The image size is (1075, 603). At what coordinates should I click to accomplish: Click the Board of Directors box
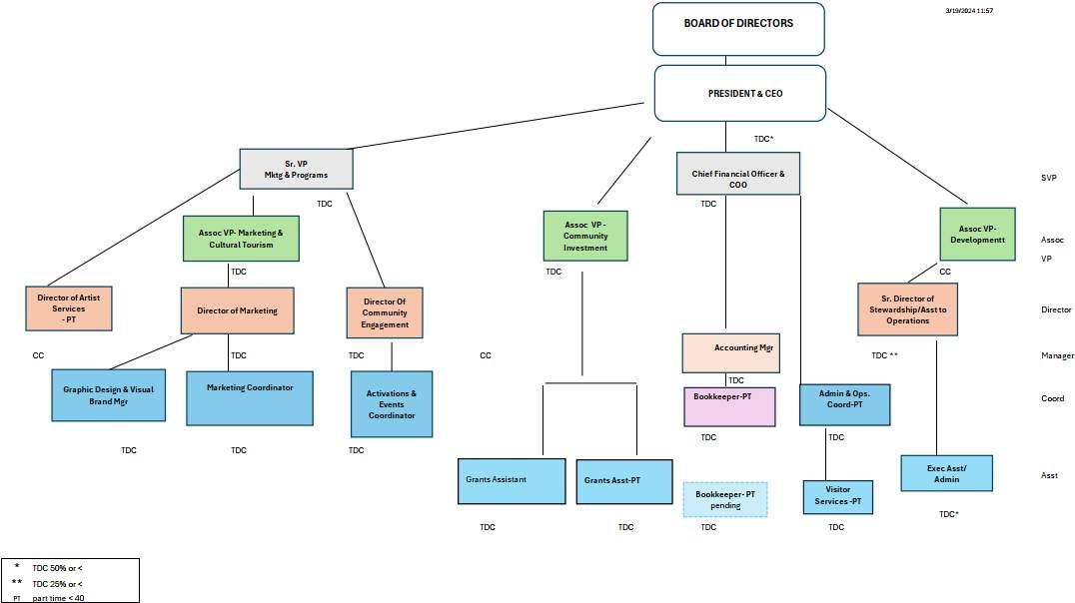pyautogui.click(x=738, y=28)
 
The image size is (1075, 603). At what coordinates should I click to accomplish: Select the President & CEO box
pyautogui.click(x=739, y=93)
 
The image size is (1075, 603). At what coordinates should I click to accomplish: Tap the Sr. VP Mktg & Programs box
pyautogui.click(x=298, y=169)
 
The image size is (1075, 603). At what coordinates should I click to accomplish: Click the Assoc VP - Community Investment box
pyautogui.click(x=584, y=236)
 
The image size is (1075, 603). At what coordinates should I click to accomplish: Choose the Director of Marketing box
pyautogui.click(x=237, y=310)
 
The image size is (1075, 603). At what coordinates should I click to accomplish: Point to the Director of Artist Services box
pyautogui.click(x=69, y=308)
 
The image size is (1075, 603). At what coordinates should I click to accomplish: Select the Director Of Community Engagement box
pyautogui.click(x=385, y=312)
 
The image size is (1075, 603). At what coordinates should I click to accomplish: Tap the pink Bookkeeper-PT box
pyautogui.click(x=729, y=406)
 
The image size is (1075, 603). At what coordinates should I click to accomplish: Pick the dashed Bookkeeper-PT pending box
pyautogui.click(x=725, y=499)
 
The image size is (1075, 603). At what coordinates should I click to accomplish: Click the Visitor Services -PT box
pyautogui.click(x=837, y=496)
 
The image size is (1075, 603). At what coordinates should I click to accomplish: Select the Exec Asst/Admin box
pyautogui.click(x=946, y=473)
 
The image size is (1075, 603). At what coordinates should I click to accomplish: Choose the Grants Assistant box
pyautogui.click(x=512, y=480)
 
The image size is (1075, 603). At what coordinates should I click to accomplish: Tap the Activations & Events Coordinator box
pyautogui.click(x=392, y=404)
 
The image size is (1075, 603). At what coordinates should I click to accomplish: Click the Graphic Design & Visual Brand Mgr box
pyautogui.click(x=108, y=395)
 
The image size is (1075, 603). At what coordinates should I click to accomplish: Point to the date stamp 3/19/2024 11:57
pyautogui.click(x=969, y=10)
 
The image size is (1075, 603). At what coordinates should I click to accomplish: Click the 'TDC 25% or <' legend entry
pyautogui.click(x=57, y=583)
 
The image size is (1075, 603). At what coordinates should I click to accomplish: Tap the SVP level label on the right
pyautogui.click(x=1048, y=177)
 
